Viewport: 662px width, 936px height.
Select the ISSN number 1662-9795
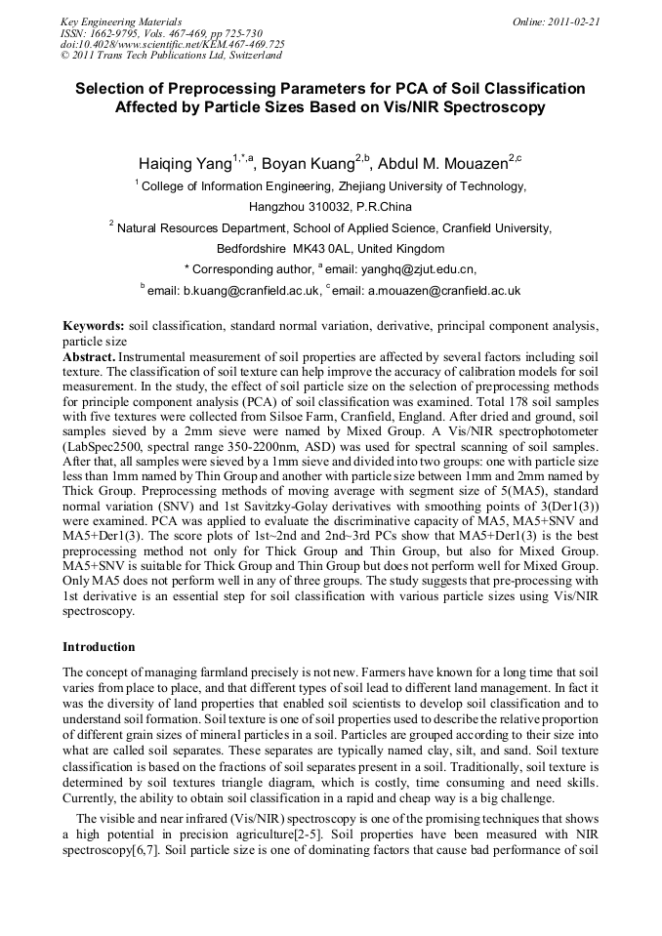(x=113, y=32)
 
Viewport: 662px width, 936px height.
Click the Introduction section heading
(x=99, y=646)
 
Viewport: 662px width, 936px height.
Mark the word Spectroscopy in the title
(x=498, y=108)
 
